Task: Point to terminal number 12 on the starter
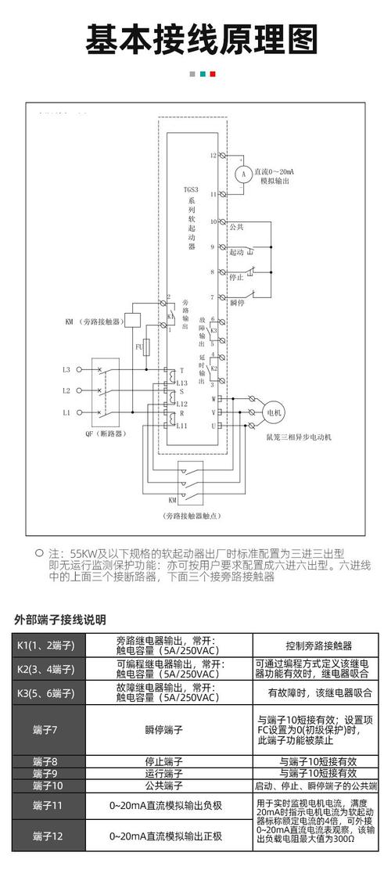(x=213, y=155)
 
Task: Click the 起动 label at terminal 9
(x=236, y=252)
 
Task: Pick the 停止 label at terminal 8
(x=236, y=277)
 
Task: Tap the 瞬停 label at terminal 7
(x=239, y=302)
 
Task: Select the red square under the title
(x=212, y=74)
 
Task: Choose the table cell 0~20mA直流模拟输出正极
(x=165, y=836)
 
